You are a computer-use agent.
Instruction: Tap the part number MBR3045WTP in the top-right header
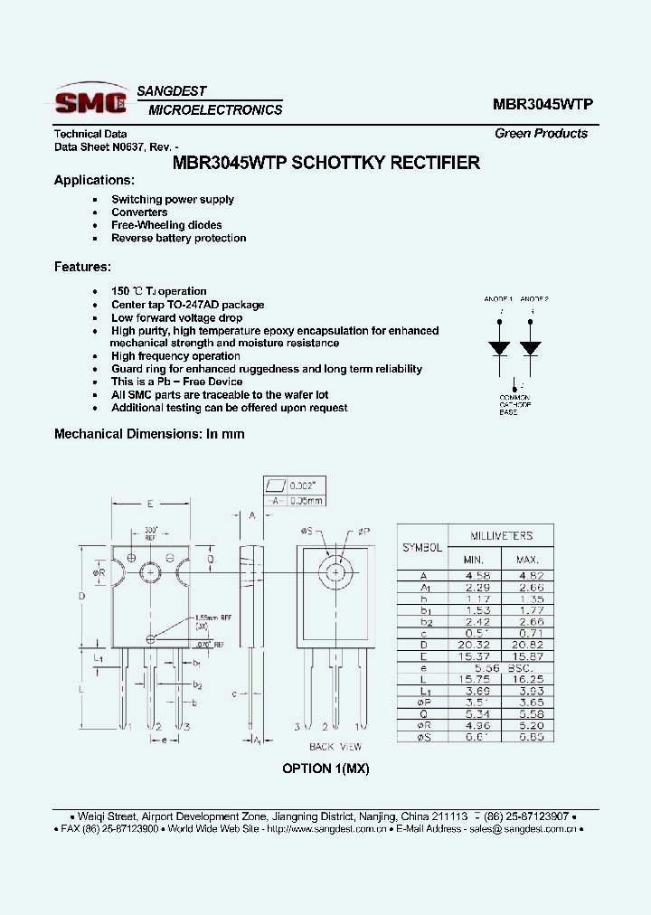[x=542, y=104]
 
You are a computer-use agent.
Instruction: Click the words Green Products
[x=541, y=133]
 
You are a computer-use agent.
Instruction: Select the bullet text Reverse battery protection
[x=178, y=239]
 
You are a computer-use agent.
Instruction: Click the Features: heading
[x=82, y=267]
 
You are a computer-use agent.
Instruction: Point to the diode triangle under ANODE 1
[x=498, y=348]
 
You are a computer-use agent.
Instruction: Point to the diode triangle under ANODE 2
[x=531, y=348]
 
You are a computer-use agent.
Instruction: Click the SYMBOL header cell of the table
[x=422, y=548]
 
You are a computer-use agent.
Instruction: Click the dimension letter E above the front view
[x=149, y=503]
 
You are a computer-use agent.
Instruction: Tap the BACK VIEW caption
[x=335, y=747]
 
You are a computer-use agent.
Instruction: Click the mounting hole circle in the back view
[x=335, y=573]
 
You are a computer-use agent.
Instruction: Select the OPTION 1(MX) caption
[x=325, y=769]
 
